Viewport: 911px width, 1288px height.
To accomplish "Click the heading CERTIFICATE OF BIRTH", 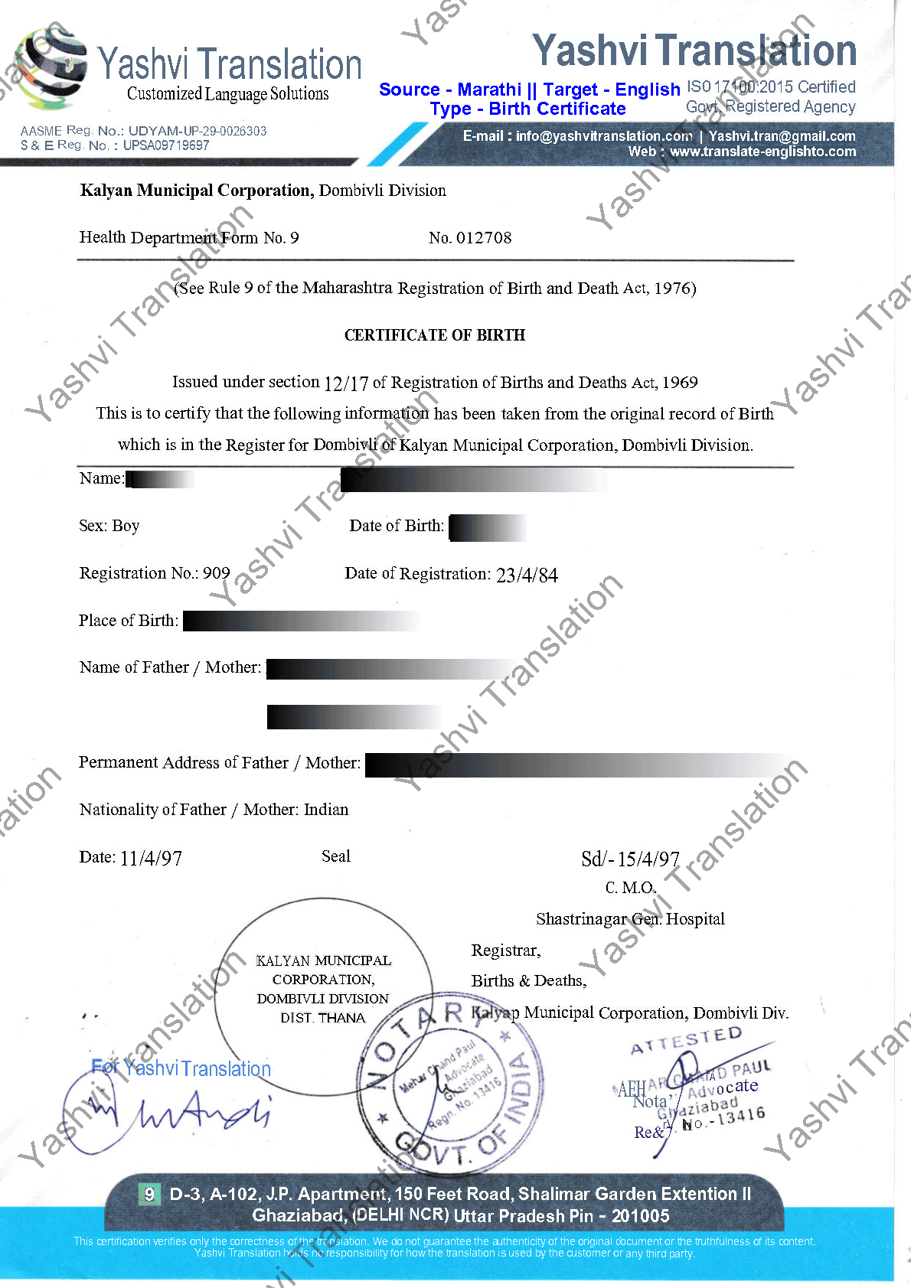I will pyautogui.click(x=435, y=335).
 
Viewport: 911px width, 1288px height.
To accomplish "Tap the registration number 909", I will pyautogui.click(x=217, y=573).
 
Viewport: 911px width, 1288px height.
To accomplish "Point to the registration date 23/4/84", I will pyautogui.click(x=527, y=575).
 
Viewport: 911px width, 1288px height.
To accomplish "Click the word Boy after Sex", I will pyautogui.click(x=126, y=526).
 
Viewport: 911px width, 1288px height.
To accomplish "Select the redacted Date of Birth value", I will pyautogui.click(x=487, y=527).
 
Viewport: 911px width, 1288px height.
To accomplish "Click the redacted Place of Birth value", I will pyautogui.click(x=300, y=621).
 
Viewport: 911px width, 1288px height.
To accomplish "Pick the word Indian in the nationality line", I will pyautogui.click(x=326, y=810).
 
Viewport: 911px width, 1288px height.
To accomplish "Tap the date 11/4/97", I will pyautogui.click(x=151, y=858).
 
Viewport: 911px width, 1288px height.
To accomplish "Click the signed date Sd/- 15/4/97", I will pyautogui.click(x=630, y=859).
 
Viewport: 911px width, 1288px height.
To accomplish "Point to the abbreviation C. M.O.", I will pyautogui.click(x=630, y=888).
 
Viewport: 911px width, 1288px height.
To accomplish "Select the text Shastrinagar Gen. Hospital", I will pyautogui.click(x=630, y=918).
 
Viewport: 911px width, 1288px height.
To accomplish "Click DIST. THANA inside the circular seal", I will pyautogui.click(x=323, y=1018).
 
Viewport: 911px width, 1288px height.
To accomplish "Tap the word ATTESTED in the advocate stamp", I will pyautogui.click(x=686, y=1042).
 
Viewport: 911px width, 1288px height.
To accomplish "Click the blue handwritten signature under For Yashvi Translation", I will pyautogui.click(x=176, y=1110).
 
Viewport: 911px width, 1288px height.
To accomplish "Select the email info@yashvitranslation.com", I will pyautogui.click(x=604, y=136).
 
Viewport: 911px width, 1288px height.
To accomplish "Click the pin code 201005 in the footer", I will pyautogui.click(x=640, y=1216).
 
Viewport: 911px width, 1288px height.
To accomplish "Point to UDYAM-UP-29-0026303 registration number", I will pyautogui.click(x=198, y=131).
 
